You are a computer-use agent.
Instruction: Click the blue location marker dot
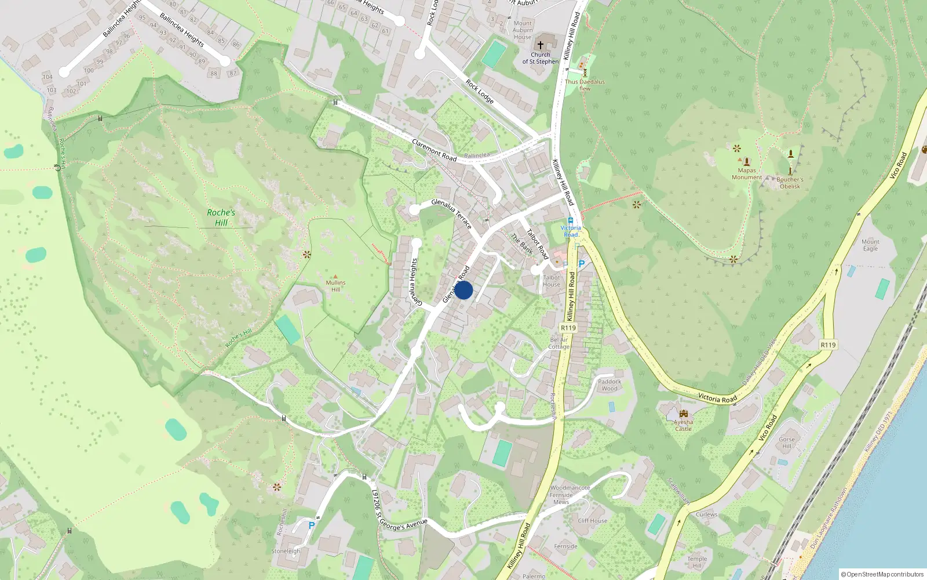pyautogui.click(x=463, y=290)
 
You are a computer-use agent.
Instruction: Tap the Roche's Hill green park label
pyautogui.click(x=221, y=217)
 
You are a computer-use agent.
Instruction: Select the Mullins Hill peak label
pyautogui.click(x=335, y=285)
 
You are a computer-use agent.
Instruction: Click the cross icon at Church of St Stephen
pyautogui.click(x=541, y=45)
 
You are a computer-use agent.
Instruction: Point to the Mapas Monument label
pyautogui.click(x=747, y=174)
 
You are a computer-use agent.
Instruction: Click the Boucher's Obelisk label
pyautogui.click(x=790, y=183)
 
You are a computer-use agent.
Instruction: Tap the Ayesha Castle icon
pyautogui.click(x=684, y=414)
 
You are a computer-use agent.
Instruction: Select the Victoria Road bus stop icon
pyautogui.click(x=571, y=220)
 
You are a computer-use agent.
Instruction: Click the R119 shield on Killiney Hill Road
pyautogui.click(x=568, y=328)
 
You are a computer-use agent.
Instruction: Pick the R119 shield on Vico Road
pyautogui.click(x=828, y=345)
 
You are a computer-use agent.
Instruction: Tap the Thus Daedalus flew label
pyautogui.click(x=585, y=85)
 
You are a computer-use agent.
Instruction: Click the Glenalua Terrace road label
pyautogui.click(x=451, y=213)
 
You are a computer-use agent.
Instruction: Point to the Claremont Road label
pyautogui.click(x=434, y=150)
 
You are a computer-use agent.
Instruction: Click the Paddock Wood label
pyautogui.click(x=610, y=385)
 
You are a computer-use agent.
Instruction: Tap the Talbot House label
pyautogui.click(x=552, y=281)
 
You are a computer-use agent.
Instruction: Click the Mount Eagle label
pyautogui.click(x=870, y=245)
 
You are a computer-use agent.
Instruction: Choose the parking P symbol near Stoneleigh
pyautogui.click(x=312, y=525)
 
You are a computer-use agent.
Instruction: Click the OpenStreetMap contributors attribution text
pyautogui.click(x=882, y=574)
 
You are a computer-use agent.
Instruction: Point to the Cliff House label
pyautogui.click(x=593, y=521)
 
